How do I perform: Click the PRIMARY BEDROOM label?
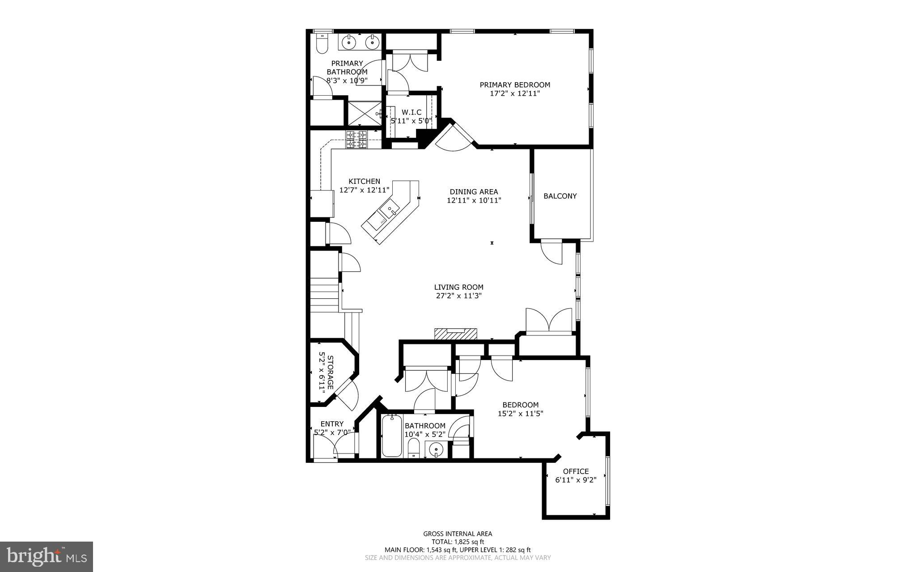(x=515, y=85)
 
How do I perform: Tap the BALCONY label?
(x=560, y=196)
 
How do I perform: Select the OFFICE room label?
(x=576, y=471)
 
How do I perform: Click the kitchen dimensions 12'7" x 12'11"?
(x=365, y=190)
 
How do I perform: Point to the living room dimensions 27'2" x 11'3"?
(x=458, y=296)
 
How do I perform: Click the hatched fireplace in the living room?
(x=455, y=334)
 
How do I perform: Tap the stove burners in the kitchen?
(x=356, y=139)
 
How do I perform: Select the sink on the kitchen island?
(x=389, y=209)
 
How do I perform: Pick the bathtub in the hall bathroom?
(x=392, y=436)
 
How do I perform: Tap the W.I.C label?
(x=411, y=112)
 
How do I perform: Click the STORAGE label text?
(x=330, y=372)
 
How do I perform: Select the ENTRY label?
(x=332, y=424)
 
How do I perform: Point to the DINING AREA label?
(x=474, y=192)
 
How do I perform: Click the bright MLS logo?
(x=46, y=556)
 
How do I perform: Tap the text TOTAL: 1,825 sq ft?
(x=458, y=542)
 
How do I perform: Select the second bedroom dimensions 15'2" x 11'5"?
(x=520, y=414)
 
